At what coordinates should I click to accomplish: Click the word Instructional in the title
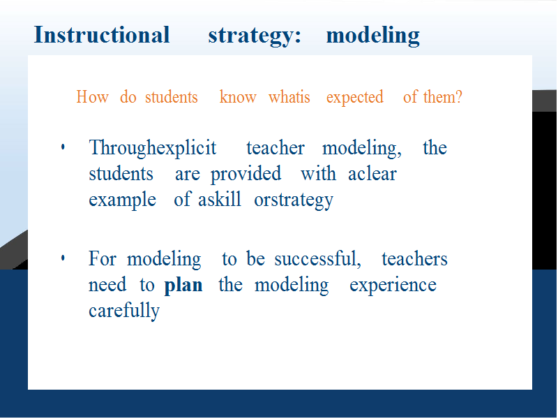[102, 35]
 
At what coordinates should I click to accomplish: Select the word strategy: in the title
[255, 36]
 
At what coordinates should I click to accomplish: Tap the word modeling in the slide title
[373, 36]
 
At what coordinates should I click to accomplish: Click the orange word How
[93, 97]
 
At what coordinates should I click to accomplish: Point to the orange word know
[238, 96]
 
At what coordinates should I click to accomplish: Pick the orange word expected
[355, 98]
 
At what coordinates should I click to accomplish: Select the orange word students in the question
[171, 97]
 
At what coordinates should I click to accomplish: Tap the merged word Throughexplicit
[152, 148]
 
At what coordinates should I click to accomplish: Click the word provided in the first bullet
[246, 175]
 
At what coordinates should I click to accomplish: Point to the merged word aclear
[372, 174]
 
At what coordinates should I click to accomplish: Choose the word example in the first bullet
[123, 200]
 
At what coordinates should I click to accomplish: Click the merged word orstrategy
[294, 200]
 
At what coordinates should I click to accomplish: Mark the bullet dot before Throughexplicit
[63, 147]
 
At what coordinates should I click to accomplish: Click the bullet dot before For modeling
[63, 258]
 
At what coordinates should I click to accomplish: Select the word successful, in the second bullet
[317, 258]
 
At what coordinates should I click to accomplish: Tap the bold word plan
[183, 286]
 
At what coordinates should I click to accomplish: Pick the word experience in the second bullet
[393, 286]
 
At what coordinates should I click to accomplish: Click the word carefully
[124, 311]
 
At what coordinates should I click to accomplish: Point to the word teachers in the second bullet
[414, 258]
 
